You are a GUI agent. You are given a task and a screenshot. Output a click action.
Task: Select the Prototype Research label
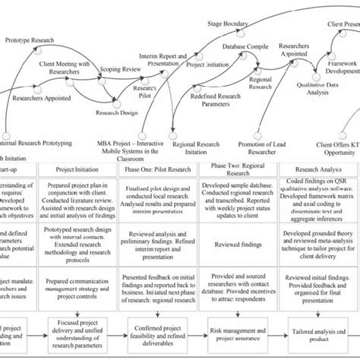(29, 39)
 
